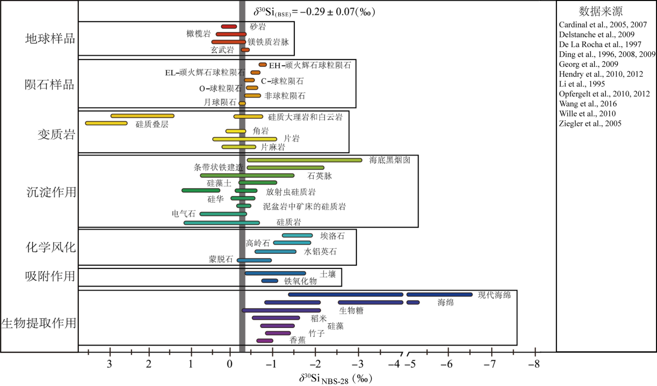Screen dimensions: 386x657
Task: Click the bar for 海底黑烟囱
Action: (304, 160)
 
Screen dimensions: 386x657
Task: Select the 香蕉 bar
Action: (265, 341)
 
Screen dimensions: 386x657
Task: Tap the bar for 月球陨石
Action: (242, 104)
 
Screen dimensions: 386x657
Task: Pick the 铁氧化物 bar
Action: (269, 281)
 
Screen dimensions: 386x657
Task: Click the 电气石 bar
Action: (223, 214)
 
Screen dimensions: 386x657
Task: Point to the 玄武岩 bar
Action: (246, 50)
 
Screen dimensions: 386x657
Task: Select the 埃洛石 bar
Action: (297, 236)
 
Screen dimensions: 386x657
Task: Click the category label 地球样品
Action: (50, 39)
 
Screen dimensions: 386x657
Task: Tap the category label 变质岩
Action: (56, 135)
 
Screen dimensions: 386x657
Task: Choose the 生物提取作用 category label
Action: (39, 323)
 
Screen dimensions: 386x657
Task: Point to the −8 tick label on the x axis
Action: (534, 363)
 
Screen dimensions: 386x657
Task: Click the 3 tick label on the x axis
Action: (109, 363)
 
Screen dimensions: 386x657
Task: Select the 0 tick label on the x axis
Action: (230, 363)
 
